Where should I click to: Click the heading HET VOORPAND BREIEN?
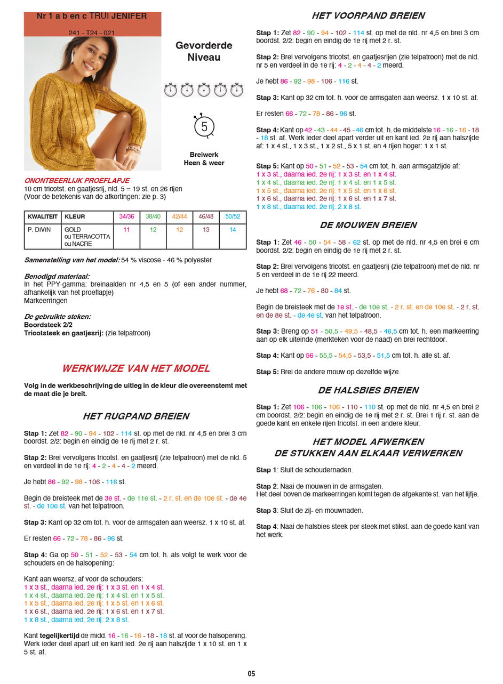(368, 16)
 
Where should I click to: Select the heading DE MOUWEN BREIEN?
(368, 225)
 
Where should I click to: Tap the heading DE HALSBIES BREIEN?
(368, 390)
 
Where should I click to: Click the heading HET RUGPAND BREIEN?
(135, 416)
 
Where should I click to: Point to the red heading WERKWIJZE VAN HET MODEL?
(135, 368)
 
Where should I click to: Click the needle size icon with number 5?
(204, 126)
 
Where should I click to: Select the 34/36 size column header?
(126, 217)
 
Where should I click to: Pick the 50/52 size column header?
(233, 217)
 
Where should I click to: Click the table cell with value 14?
(233, 230)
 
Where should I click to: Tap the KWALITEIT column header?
(42, 217)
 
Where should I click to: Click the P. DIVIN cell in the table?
(38, 230)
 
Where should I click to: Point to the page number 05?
(251, 673)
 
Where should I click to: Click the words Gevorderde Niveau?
(204, 51)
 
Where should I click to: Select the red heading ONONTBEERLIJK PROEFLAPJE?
(77, 181)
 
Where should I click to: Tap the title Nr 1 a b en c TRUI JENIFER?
(92, 17)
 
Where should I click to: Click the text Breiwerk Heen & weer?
(204, 159)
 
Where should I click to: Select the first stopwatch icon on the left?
(170, 90)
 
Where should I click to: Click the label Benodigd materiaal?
(57, 277)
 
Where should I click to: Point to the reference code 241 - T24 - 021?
(92, 33)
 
